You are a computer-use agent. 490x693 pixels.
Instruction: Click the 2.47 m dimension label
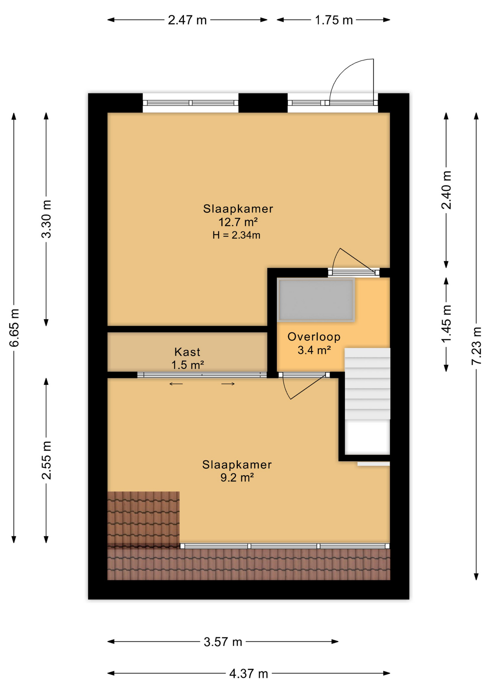[x=187, y=20]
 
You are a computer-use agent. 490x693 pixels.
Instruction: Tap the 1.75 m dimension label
[x=333, y=20]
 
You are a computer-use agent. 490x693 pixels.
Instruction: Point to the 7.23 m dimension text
[x=476, y=346]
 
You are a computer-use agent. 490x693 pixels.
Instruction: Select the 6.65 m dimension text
[x=14, y=328]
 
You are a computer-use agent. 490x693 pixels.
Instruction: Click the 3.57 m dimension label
[x=223, y=642]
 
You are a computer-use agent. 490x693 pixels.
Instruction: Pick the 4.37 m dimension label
[x=249, y=674]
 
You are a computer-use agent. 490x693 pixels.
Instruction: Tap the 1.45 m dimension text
[x=446, y=324]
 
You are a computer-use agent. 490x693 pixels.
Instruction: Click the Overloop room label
[x=314, y=337]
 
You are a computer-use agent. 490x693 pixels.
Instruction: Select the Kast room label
[x=187, y=352]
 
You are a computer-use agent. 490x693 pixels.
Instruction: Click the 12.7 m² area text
[x=238, y=222]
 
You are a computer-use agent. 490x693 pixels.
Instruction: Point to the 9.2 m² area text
[x=237, y=478]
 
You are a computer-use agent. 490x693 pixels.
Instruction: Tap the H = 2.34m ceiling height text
[x=236, y=235]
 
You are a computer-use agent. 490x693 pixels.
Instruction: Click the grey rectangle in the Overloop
[x=316, y=300]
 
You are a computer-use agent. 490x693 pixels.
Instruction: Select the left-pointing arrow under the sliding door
[x=176, y=384]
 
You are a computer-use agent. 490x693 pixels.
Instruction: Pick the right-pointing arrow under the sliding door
[x=228, y=384]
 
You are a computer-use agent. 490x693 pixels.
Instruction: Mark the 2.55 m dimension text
[x=47, y=460]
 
